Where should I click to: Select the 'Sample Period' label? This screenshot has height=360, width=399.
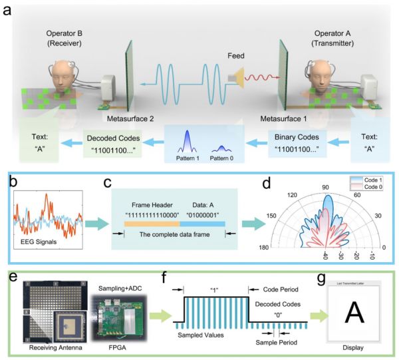[275, 342]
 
